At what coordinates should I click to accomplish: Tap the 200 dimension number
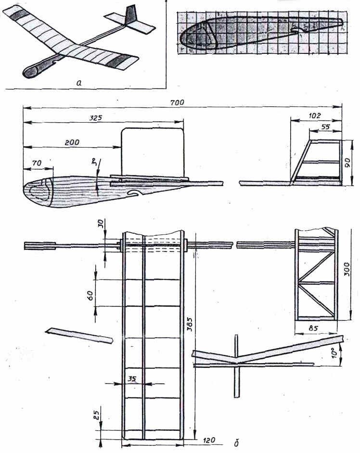click(72, 142)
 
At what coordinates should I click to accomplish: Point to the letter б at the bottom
click(236, 443)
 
